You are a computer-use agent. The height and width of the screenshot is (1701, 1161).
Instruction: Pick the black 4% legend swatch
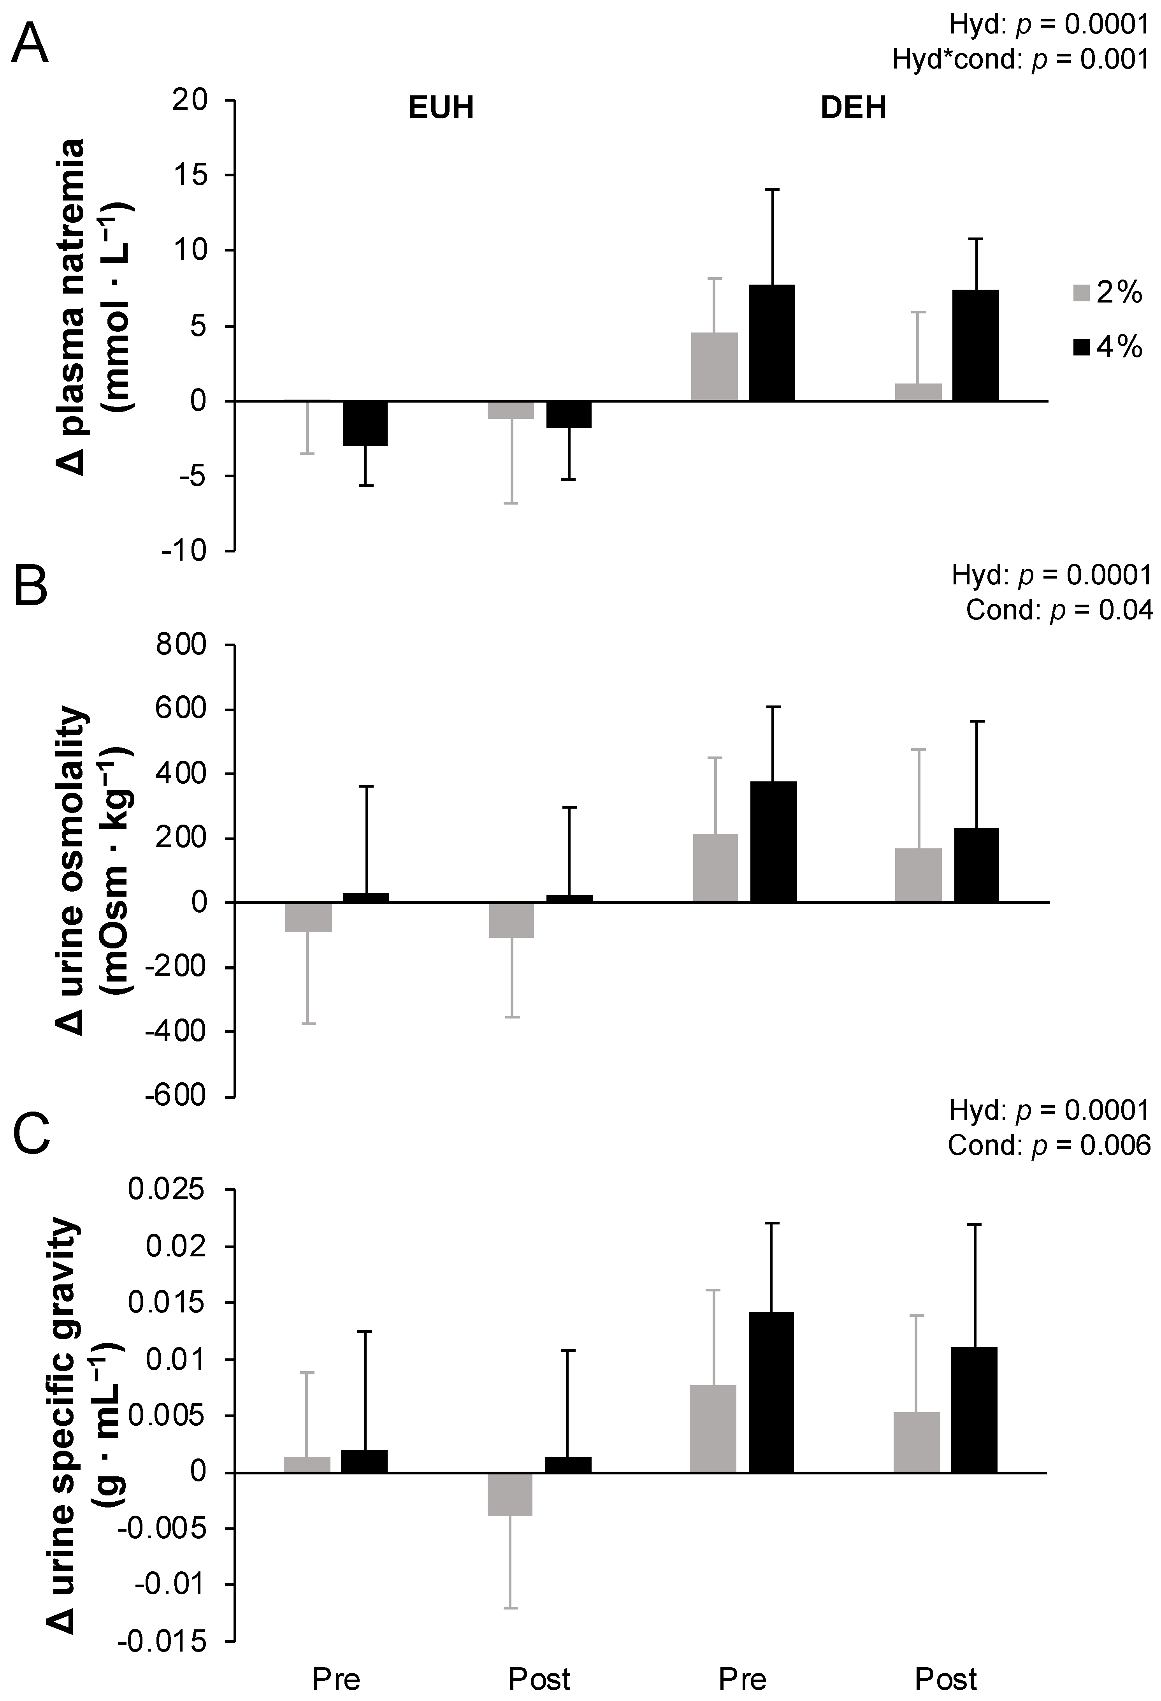click(1081, 347)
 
